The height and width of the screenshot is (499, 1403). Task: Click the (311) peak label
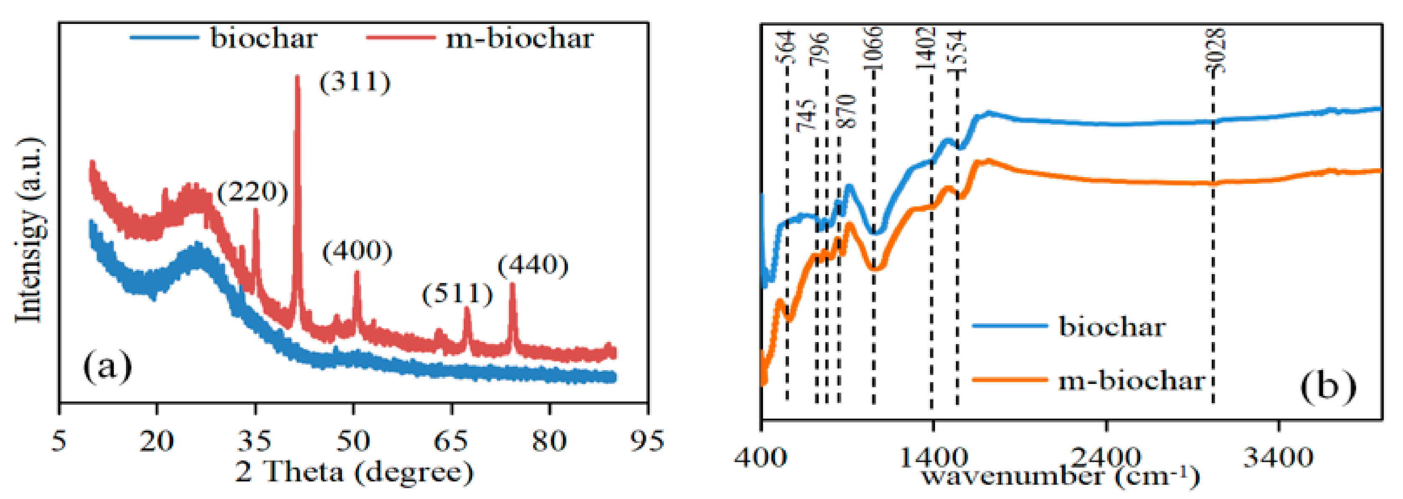(x=355, y=83)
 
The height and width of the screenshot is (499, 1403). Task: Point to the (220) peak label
(x=252, y=192)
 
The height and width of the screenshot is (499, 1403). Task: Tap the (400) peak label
(x=357, y=252)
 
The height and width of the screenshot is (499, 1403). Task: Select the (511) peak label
(x=457, y=294)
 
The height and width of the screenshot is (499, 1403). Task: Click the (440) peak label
(x=533, y=265)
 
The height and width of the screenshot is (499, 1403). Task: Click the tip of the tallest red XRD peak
(x=297, y=77)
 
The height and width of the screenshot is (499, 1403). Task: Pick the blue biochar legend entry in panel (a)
(x=224, y=38)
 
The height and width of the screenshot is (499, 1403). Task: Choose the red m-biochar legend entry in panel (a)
(x=479, y=38)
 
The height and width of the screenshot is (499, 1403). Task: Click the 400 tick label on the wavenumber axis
(x=761, y=456)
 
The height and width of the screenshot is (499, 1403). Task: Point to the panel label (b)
(x=1328, y=386)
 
